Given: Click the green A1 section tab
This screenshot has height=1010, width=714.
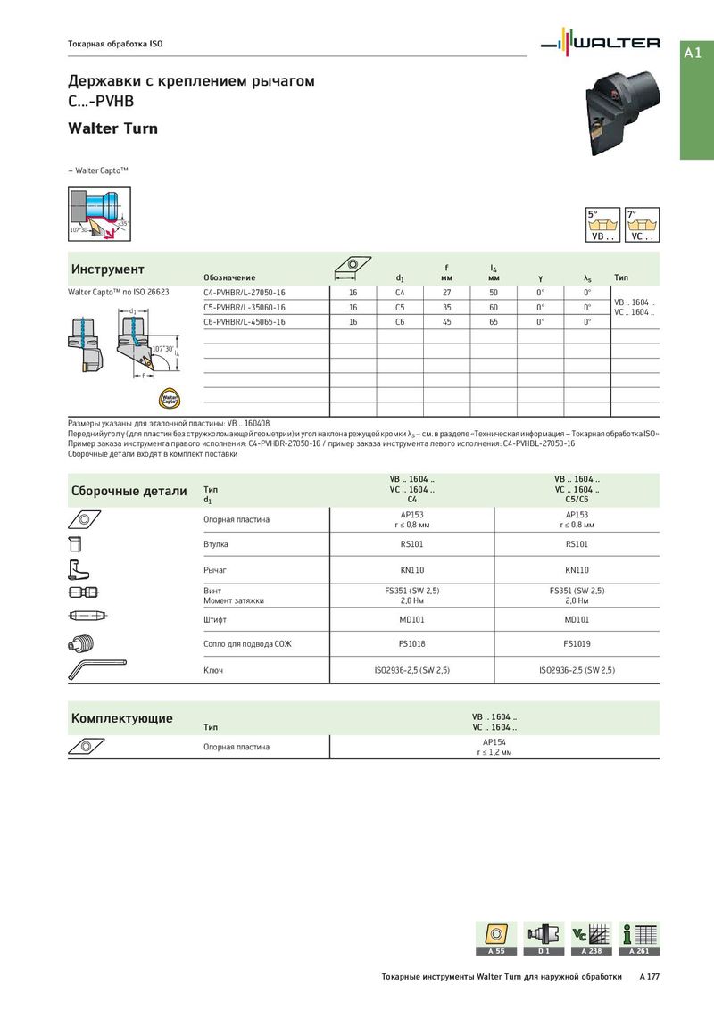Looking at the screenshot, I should click(x=696, y=54).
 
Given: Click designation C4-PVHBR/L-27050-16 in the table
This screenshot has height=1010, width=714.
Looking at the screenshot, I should click(x=245, y=292).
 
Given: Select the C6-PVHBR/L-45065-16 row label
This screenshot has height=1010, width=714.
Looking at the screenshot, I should click(x=245, y=321).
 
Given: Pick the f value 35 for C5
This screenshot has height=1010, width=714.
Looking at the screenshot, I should click(x=447, y=307).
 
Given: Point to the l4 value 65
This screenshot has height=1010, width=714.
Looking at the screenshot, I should click(x=494, y=321).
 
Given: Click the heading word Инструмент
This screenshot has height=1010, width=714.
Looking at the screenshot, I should click(x=107, y=269).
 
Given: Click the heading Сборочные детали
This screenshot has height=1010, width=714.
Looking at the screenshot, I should click(x=129, y=491).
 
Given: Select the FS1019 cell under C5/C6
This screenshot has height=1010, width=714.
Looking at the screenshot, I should click(x=577, y=643).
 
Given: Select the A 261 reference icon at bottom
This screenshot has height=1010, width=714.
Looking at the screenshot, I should click(x=639, y=939).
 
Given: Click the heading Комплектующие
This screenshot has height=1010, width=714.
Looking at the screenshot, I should click(x=121, y=718).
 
